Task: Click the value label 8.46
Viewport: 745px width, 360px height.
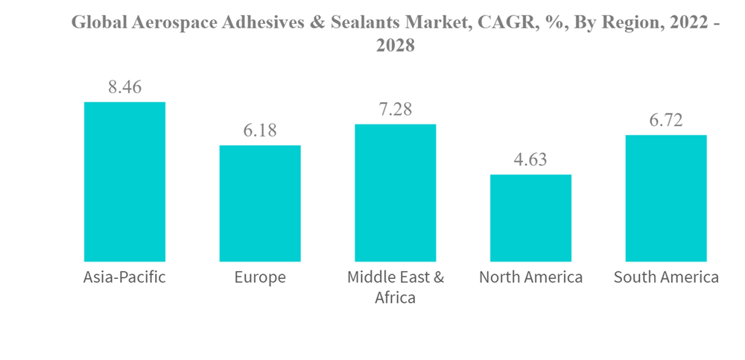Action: point(124,87)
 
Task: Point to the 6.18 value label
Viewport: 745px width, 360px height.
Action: point(260,130)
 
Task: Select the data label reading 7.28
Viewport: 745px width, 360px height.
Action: point(395,110)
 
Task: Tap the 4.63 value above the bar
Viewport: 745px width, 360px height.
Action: point(530,160)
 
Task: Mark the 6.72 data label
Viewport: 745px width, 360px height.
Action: point(666,121)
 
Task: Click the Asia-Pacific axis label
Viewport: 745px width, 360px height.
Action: point(124,278)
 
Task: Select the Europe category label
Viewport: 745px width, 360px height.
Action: point(260,278)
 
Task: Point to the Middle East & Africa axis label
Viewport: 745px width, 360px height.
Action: point(395,287)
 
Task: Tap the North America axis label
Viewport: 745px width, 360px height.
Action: point(530,278)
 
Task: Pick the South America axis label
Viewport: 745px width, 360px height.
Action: point(666,278)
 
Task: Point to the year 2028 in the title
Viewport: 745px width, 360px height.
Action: point(395,45)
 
